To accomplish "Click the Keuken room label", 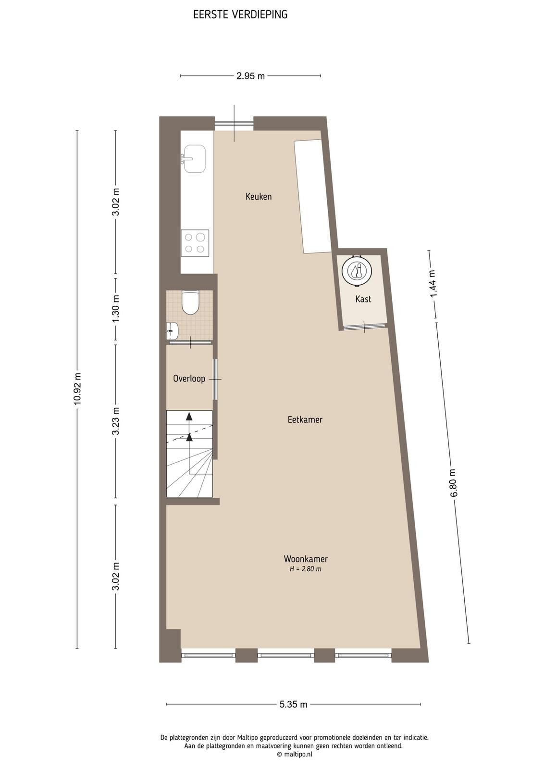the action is pos(259,196).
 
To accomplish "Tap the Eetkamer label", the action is pos(305,420).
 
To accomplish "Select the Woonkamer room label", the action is pos(306,559).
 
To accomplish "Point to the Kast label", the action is pos(363,299).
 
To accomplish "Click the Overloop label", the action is pos(189,379).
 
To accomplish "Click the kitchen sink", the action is pos(194,158).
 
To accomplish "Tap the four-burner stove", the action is pos(195,243).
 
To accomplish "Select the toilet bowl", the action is pos(190,302).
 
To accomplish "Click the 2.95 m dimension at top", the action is pos(250,76).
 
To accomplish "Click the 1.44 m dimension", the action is pos(433,284).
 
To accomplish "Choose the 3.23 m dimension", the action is pos(116,421).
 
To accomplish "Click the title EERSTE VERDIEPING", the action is pos(240,15).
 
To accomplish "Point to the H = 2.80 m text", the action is pos(306,569).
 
